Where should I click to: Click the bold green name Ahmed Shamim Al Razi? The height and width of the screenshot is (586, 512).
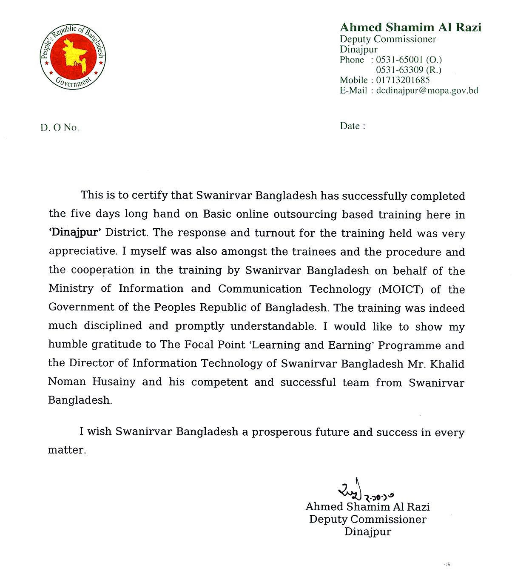[x=410, y=28]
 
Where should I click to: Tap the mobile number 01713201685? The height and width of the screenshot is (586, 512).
[x=403, y=80]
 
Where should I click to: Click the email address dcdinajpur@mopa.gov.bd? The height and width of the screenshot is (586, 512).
[x=427, y=90]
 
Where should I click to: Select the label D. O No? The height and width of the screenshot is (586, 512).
[x=60, y=128]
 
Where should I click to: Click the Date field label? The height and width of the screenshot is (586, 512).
[x=352, y=126]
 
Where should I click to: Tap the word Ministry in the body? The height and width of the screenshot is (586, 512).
[x=71, y=289]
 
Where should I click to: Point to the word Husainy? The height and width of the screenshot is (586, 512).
[x=114, y=382]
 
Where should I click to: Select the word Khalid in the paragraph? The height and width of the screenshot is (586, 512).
[x=447, y=364]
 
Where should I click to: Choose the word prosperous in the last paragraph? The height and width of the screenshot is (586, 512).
[x=282, y=432]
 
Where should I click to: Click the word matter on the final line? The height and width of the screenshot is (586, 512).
[x=66, y=450]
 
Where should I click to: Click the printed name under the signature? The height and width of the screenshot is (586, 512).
[x=367, y=507]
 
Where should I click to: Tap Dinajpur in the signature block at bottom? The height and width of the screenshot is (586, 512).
[x=368, y=532]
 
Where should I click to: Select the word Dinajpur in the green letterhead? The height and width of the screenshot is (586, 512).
[x=358, y=49]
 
